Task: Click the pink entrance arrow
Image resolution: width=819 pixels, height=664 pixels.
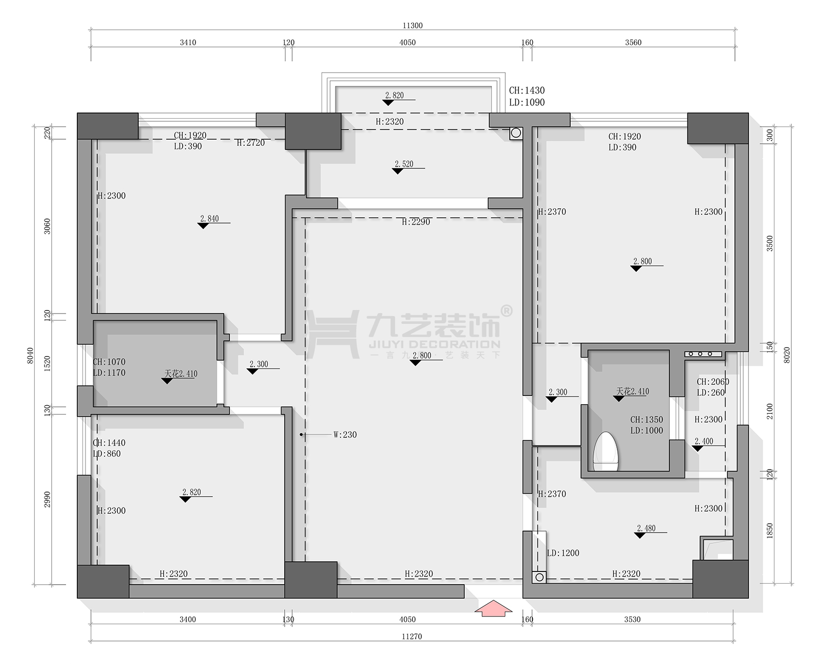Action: pos(493,608)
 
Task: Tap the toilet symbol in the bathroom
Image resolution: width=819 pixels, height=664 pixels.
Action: pos(606,452)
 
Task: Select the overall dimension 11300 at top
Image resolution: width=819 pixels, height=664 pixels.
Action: pos(413,26)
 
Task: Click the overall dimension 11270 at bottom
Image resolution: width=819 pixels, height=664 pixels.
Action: pos(412,636)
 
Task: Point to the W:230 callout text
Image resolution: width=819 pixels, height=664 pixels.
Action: pos(345,435)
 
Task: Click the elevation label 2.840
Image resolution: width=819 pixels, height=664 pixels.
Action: pos(209,218)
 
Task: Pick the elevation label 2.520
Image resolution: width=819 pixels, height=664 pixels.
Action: pos(404,164)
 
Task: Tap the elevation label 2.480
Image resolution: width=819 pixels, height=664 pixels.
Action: pos(646,528)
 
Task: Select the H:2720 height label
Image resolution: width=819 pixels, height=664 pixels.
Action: pos(251,143)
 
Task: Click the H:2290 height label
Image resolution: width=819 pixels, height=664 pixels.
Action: pos(416,222)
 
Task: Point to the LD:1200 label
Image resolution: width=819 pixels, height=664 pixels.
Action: pos(563,553)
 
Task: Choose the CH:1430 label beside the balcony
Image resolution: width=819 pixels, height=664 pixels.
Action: pos(527,91)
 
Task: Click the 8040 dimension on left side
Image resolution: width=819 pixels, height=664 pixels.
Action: pos(31,356)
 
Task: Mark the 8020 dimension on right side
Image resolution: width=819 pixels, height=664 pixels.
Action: pos(787,355)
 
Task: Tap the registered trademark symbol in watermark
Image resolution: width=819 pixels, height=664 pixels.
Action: pos(507,311)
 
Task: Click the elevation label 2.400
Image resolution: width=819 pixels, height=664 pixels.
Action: pos(704,441)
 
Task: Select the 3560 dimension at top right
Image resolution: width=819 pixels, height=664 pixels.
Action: pos(633,42)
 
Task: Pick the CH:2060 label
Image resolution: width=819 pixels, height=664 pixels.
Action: pos(713,382)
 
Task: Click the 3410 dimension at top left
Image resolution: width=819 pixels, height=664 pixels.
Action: pos(188,42)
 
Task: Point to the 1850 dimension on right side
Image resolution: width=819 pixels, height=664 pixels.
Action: pos(770,530)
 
